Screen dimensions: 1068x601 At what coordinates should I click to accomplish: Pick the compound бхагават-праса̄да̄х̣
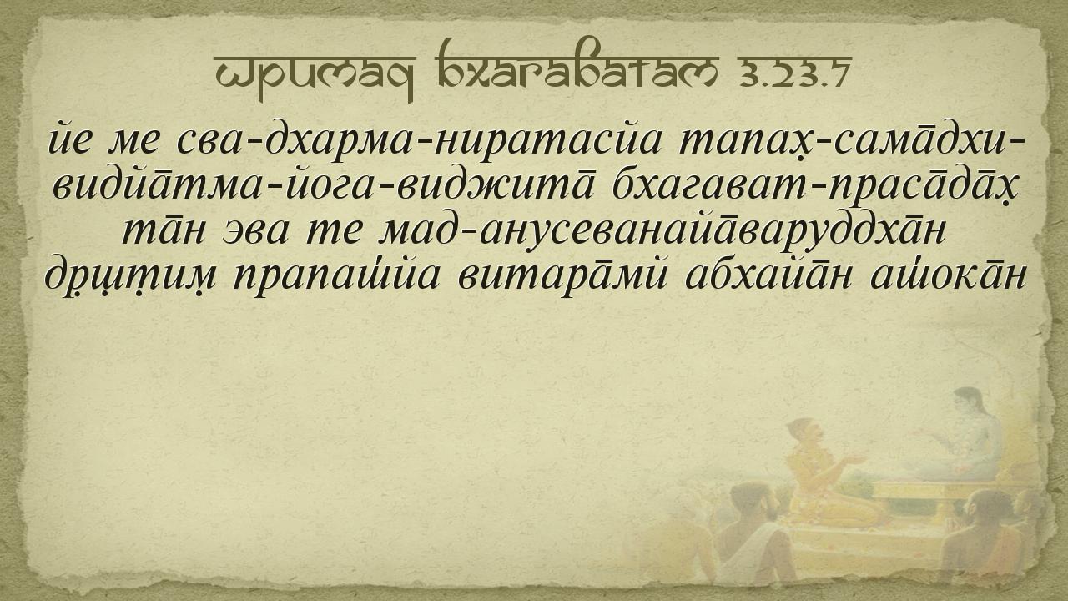[x=815, y=187]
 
